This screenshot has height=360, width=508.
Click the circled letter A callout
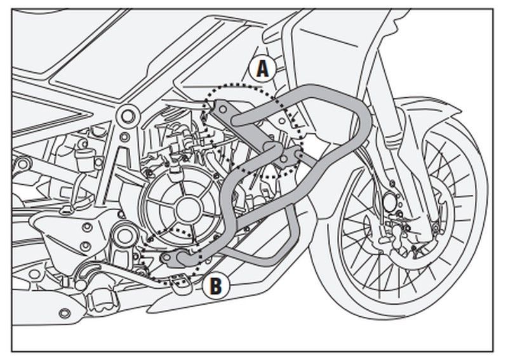tap(262, 69)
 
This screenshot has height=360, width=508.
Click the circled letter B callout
tap(215, 286)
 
